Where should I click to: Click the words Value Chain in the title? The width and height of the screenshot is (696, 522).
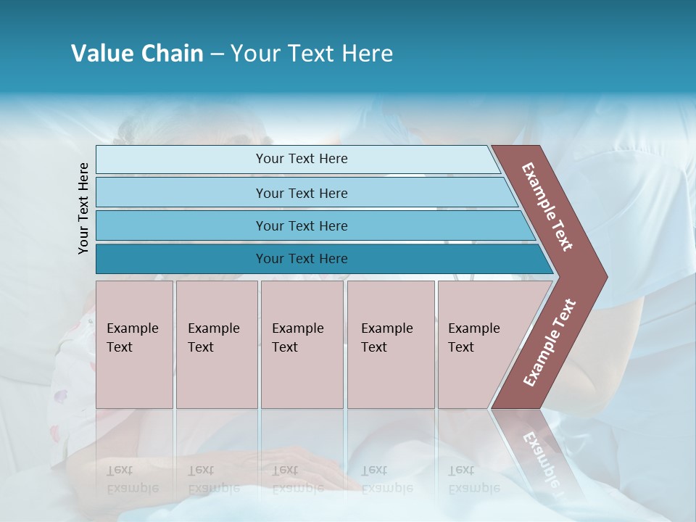point(137,54)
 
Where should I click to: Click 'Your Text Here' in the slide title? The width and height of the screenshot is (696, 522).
point(312,54)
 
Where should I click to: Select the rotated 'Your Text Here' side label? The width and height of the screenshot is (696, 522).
point(83,208)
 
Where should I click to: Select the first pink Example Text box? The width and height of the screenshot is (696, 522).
point(134,344)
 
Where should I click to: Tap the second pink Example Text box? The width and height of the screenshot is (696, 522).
point(217,344)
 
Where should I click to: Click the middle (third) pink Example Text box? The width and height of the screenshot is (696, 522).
point(302,344)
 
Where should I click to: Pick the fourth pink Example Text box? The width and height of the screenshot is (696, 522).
point(391,344)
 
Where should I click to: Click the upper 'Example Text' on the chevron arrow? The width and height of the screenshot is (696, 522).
point(547,207)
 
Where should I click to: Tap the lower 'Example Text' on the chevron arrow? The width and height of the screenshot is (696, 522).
point(550,343)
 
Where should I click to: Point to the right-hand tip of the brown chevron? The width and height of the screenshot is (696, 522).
point(606,277)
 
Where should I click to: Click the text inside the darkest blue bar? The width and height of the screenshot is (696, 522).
point(302,259)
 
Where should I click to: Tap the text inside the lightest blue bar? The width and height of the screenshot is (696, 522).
point(302,159)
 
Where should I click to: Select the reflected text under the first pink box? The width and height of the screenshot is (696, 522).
point(132,479)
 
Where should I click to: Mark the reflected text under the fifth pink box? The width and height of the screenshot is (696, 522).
point(473,479)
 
